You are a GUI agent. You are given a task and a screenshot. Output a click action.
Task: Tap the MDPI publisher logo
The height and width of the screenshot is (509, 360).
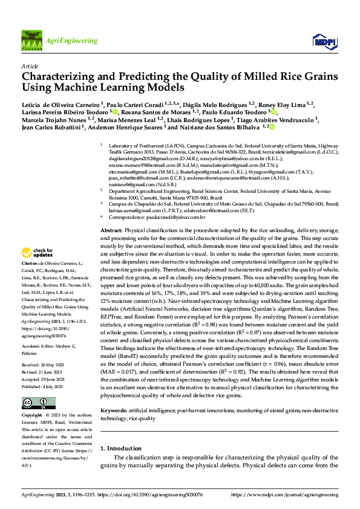point(321,41)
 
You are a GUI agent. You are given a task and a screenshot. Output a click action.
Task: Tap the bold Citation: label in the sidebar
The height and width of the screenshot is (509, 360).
point(30,265)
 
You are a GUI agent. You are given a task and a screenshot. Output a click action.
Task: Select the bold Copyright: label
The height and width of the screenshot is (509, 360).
point(33,416)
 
